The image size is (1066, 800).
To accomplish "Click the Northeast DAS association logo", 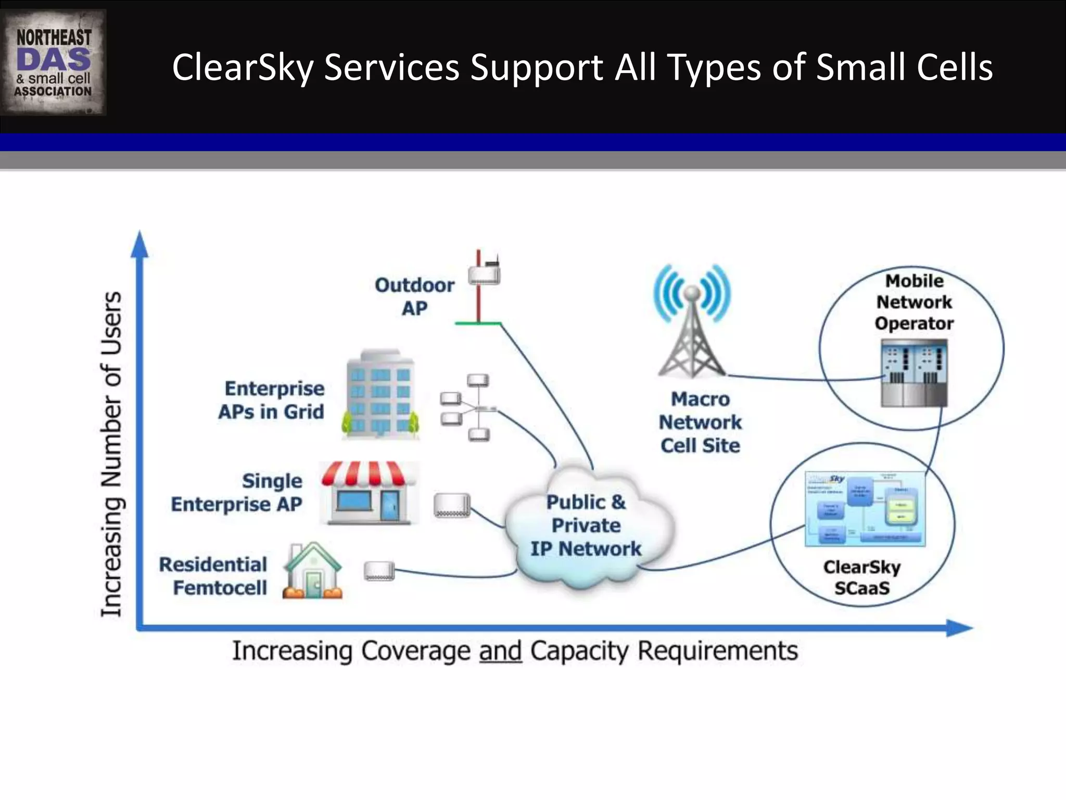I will (53, 63).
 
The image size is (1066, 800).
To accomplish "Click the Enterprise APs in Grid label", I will (272, 400).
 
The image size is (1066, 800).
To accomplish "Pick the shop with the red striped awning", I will (369, 492).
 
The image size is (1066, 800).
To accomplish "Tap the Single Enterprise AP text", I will (237, 493).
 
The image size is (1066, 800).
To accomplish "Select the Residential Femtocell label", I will (213, 576).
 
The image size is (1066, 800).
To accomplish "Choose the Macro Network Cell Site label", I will (700, 422).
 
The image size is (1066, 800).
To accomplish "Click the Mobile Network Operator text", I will (915, 302).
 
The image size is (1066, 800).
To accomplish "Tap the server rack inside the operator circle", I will (914, 373).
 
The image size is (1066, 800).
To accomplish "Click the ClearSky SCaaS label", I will (862, 577).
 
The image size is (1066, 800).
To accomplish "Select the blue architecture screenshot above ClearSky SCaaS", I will (865, 509).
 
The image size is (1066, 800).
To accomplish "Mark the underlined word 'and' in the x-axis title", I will (500, 651).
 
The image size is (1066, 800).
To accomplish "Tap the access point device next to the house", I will (379, 571).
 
